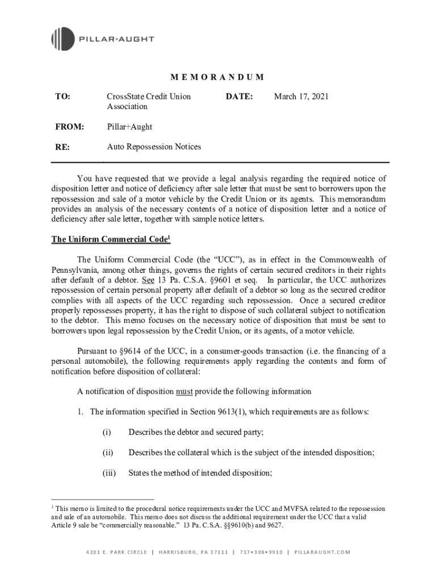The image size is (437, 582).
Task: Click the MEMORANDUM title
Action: coord(218,77)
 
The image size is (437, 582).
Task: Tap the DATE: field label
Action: coord(239,97)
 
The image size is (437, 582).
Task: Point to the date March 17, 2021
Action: coord(301,97)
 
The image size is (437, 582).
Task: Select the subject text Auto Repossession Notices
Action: coord(154,147)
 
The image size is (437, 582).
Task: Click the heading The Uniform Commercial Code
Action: coord(101,239)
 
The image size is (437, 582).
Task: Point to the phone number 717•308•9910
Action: coord(261,552)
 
